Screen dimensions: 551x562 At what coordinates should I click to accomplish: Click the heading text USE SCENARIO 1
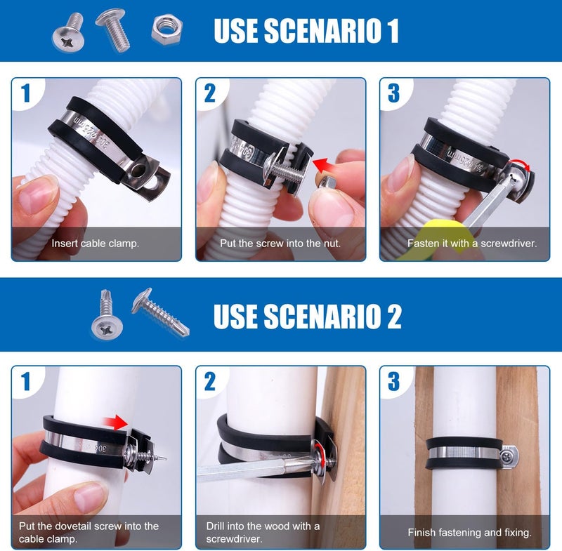306,31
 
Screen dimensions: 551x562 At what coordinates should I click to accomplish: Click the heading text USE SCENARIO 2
308,315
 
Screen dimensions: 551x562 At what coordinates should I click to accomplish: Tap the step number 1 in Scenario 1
26,93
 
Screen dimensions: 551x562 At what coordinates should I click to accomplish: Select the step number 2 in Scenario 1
209,93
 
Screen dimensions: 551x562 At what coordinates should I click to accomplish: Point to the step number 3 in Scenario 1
393,93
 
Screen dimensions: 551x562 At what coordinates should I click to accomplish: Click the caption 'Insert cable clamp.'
96,244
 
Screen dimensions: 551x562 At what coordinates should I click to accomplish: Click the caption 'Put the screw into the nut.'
280,244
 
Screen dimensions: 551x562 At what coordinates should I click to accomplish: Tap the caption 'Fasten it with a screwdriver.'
472,244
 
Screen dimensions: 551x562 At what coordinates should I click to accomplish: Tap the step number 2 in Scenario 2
209,381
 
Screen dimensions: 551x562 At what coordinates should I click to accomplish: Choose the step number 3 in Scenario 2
393,381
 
